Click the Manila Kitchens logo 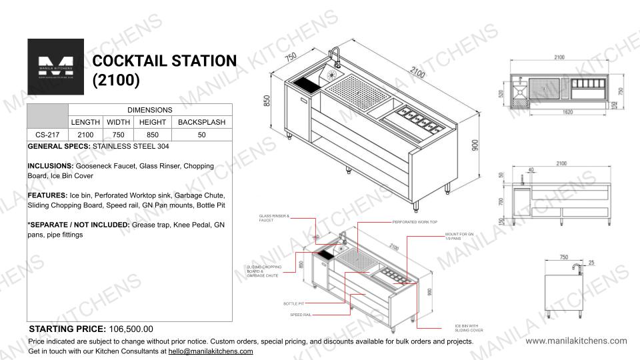coord(55,67)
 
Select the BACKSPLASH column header coord(201,123)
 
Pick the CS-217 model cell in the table coord(47,135)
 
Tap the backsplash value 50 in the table coord(201,135)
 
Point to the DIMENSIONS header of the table coord(150,109)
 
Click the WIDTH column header coord(118,123)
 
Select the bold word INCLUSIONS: coord(51,165)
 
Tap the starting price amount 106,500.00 coord(131,329)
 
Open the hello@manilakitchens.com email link coord(210,351)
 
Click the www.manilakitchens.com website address coord(576,341)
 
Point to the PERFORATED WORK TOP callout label coord(414,221)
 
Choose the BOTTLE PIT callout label coord(293,304)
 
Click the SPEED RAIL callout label coord(297,314)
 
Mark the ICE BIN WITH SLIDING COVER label coord(459,328)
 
